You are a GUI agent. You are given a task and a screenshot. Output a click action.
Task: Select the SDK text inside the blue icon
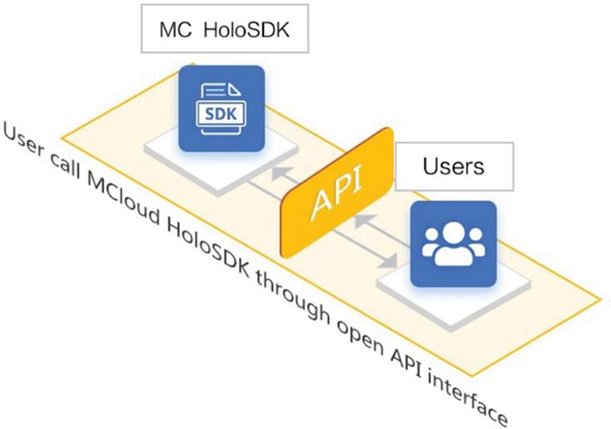click(221, 114)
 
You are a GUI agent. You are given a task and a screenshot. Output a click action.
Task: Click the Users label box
click(454, 166)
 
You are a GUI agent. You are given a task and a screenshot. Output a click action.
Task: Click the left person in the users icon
click(430, 246)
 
